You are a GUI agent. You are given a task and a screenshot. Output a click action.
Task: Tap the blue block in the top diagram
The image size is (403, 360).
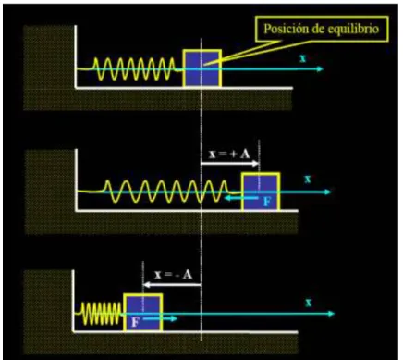[202, 68]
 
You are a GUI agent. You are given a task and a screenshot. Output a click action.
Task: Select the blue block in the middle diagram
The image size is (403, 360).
[261, 192]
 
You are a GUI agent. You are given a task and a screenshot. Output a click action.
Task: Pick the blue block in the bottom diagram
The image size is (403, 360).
[143, 313]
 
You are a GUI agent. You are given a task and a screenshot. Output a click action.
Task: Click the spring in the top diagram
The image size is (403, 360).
[135, 69]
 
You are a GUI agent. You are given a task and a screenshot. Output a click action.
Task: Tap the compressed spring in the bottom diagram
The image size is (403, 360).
[102, 314]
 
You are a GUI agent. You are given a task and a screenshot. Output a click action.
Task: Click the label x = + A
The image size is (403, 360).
[229, 154]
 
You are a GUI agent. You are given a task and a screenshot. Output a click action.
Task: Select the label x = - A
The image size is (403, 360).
[174, 274]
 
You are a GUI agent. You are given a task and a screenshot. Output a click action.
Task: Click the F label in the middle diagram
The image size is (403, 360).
[267, 202]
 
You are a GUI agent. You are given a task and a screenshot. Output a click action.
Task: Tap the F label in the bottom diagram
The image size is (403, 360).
[135, 322]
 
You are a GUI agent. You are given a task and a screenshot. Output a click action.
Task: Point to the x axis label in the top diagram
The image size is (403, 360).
[303, 58]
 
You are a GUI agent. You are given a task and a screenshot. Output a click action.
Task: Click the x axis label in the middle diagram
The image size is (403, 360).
[308, 179]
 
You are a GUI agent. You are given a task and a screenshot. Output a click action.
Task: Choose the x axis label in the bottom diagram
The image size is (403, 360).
[309, 303]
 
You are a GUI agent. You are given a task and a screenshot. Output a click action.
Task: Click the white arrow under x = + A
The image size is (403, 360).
[230, 164]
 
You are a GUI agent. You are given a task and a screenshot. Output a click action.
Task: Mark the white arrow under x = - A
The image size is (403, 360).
[173, 285]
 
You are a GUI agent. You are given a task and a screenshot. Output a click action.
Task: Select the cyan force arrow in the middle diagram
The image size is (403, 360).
[241, 198]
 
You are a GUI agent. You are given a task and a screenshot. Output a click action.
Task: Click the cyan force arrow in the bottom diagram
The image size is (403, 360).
[160, 318]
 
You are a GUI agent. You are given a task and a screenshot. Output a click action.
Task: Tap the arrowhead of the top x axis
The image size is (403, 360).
[320, 68]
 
